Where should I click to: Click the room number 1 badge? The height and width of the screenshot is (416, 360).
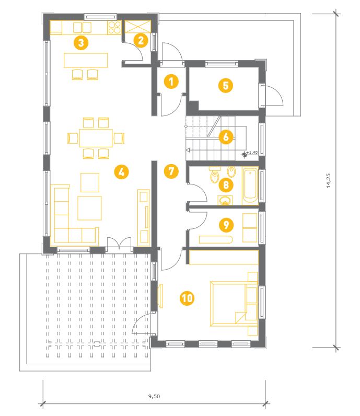point(171,82)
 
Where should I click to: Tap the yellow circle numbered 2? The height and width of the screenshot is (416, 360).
point(141,41)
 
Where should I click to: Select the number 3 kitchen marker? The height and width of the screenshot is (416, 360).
point(81,43)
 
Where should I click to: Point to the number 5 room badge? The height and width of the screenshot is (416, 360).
point(226,86)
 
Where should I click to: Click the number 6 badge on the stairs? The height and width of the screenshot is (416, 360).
point(226,137)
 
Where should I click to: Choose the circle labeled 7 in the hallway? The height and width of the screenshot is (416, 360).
point(171,171)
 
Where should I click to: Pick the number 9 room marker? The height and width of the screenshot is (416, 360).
point(226,225)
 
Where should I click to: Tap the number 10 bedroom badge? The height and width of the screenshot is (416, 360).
point(187,298)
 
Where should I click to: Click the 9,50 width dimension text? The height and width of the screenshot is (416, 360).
point(154,396)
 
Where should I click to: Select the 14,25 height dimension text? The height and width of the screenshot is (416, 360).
point(329,181)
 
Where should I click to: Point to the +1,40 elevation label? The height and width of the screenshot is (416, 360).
point(252,152)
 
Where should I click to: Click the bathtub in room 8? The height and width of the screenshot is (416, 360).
point(250,186)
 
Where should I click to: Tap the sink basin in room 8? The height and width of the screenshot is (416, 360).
point(225,200)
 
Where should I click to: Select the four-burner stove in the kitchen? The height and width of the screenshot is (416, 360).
point(114,28)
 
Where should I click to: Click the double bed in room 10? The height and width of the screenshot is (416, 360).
point(234,304)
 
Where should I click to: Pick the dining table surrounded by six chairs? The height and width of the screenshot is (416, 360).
point(96,138)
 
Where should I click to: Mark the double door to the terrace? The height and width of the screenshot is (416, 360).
point(119,244)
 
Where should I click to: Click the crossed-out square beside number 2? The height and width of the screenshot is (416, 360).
point(138,27)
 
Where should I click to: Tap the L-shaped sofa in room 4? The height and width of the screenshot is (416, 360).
point(74,214)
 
